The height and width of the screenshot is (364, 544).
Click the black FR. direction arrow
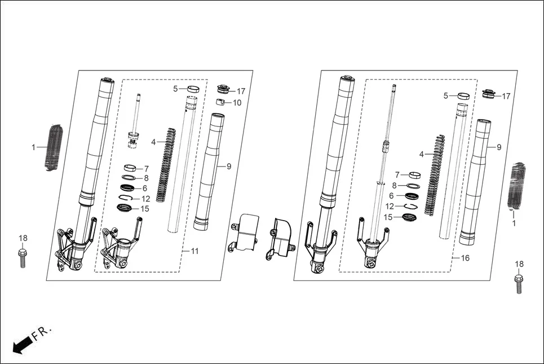point(21,343)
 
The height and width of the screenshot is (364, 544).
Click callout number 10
point(237,103)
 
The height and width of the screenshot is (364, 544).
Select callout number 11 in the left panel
point(195,251)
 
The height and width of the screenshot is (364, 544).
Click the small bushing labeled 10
point(222,102)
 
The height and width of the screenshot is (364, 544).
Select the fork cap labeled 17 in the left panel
point(223,89)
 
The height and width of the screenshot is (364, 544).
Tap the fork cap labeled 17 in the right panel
point(488,94)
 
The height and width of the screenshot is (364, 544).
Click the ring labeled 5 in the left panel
point(193,89)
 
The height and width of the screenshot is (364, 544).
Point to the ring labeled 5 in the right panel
point(465,96)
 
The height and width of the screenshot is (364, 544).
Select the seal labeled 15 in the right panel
point(409,217)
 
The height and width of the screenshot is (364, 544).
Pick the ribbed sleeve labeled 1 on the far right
point(516,185)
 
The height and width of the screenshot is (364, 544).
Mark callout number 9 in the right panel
point(498,147)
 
